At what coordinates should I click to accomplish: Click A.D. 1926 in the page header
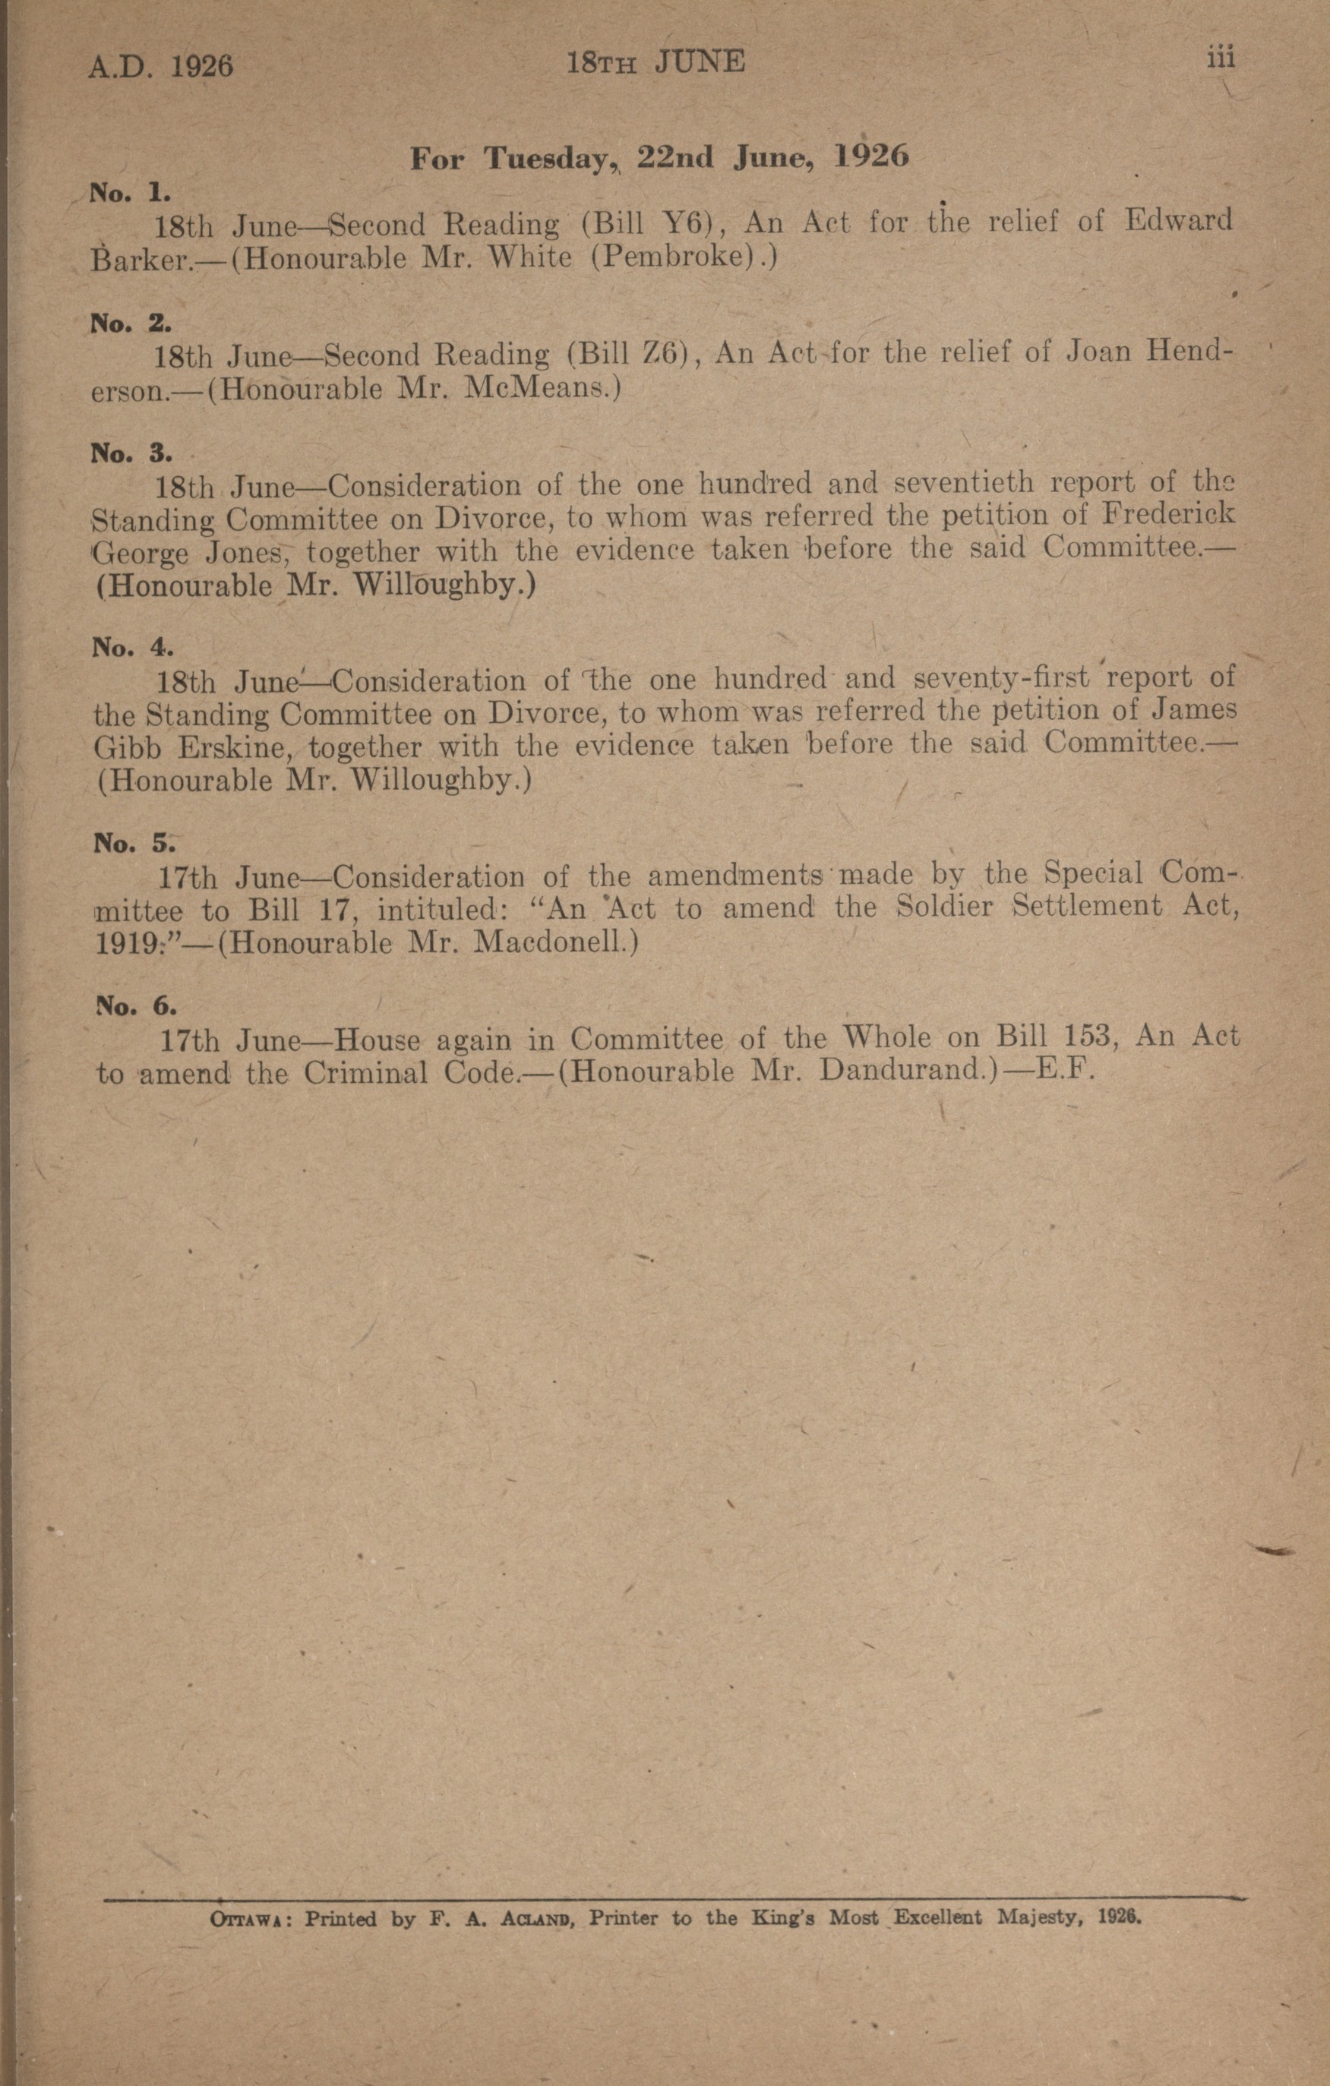point(160,66)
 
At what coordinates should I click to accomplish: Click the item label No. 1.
point(130,191)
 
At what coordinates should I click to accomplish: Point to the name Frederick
point(1167,516)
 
